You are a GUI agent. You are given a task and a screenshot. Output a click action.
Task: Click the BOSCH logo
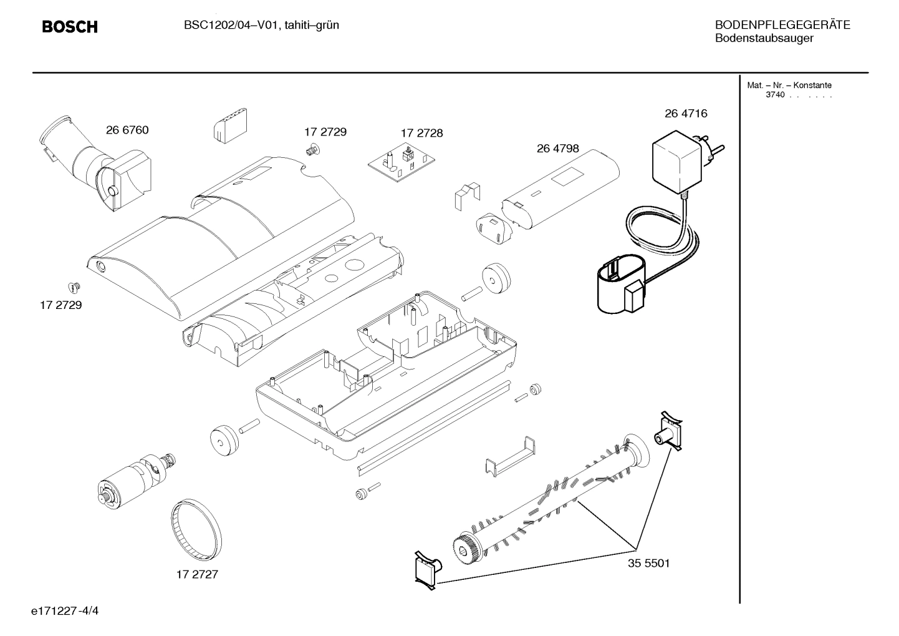pos(69,27)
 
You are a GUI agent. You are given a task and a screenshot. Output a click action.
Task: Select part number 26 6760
pos(127,130)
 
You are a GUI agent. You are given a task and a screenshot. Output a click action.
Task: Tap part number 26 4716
pos(686,114)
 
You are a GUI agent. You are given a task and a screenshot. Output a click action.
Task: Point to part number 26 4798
pos(557,149)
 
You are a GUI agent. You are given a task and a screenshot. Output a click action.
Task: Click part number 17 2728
pos(421,133)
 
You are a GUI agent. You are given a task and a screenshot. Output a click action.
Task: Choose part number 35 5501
pos(648,563)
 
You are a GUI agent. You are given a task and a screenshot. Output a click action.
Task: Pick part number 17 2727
pos(197,574)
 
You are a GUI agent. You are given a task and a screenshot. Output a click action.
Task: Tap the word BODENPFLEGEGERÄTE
pos(782,26)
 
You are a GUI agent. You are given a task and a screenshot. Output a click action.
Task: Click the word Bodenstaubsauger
pos(764,39)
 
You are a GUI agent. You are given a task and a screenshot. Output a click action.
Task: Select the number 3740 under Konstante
pos(775,95)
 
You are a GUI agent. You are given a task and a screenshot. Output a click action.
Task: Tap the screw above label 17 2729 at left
pos(74,288)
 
